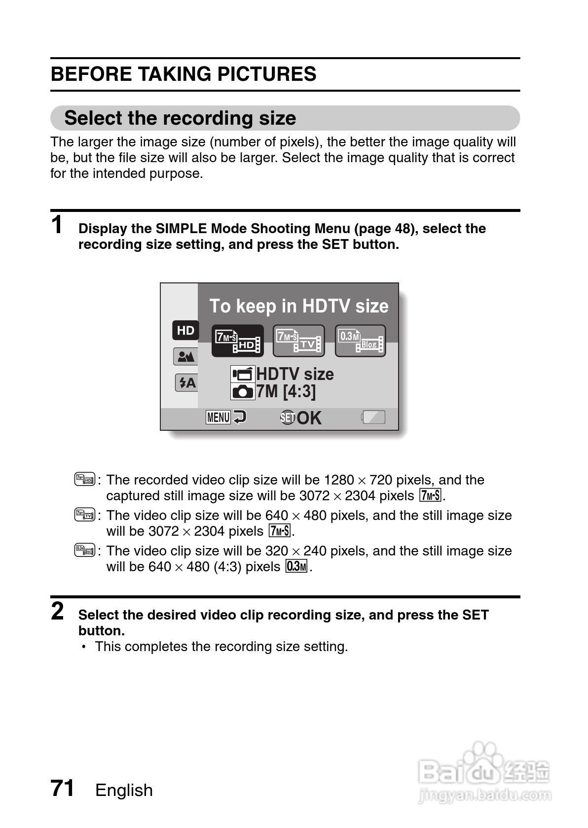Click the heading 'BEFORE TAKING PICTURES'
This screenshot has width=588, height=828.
(x=184, y=74)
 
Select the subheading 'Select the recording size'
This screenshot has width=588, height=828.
(x=180, y=118)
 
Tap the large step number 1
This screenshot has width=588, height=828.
(x=58, y=225)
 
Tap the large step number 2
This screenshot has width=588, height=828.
(x=58, y=612)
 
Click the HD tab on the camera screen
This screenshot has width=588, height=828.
(x=185, y=330)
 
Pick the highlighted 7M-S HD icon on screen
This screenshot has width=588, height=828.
(x=237, y=341)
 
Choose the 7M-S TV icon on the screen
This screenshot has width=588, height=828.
(x=298, y=341)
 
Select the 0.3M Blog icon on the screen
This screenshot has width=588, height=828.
(x=360, y=341)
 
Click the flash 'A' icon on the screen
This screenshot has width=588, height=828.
(x=187, y=382)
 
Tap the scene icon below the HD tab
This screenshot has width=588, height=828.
(x=185, y=356)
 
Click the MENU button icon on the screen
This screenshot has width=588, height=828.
(x=218, y=417)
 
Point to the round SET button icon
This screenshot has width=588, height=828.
(x=287, y=418)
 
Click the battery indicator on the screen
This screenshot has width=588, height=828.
(x=373, y=417)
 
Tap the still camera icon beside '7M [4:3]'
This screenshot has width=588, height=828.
(x=243, y=391)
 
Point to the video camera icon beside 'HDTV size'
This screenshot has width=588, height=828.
(x=243, y=375)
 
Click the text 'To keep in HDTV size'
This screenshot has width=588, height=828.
(x=298, y=306)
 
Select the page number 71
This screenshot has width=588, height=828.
(x=63, y=788)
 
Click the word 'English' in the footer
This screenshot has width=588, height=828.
(x=124, y=790)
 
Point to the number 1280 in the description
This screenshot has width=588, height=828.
(x=339, y=480)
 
